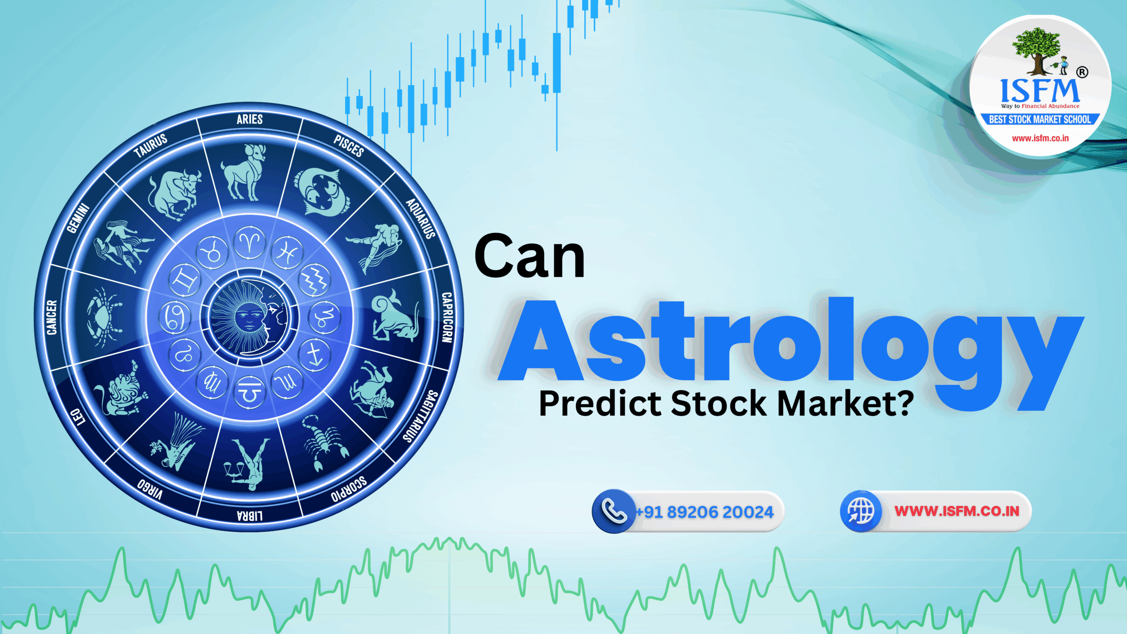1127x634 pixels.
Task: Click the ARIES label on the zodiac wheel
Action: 250,119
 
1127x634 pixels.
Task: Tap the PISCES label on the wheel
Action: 349,146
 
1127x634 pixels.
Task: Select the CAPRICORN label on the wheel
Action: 447,317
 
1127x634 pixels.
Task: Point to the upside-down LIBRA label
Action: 250,516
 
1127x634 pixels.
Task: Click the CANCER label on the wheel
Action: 52,317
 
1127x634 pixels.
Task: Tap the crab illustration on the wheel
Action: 103,317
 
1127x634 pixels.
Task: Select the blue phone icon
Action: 614,511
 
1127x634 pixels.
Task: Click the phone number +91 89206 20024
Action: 704,512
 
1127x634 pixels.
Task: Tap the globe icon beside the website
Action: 861,511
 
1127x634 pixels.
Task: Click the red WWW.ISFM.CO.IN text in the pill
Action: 957,511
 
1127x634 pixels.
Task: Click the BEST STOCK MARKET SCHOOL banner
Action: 1040,120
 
